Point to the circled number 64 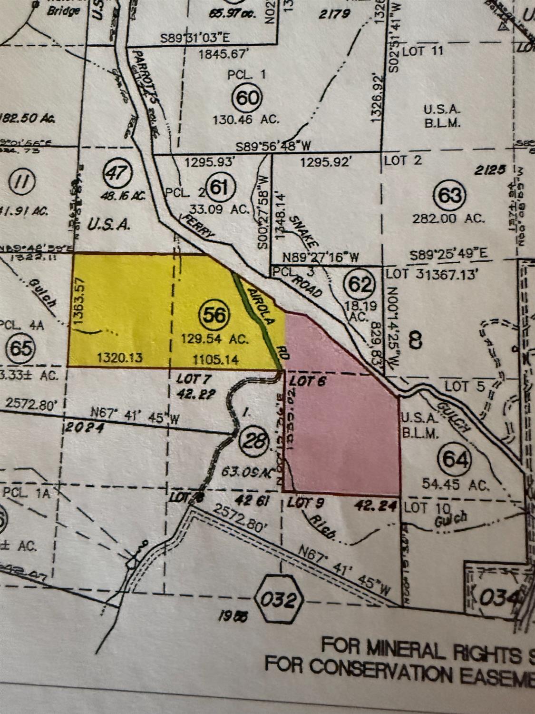(x=456, y=459)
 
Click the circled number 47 (x=116, y=172)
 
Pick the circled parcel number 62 (x=361, y=284)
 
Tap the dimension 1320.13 (x=119, y=357)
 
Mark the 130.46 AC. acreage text (x=246, y=119)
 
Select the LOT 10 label (x=422, y=507)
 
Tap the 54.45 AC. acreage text (x=456, y=485)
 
